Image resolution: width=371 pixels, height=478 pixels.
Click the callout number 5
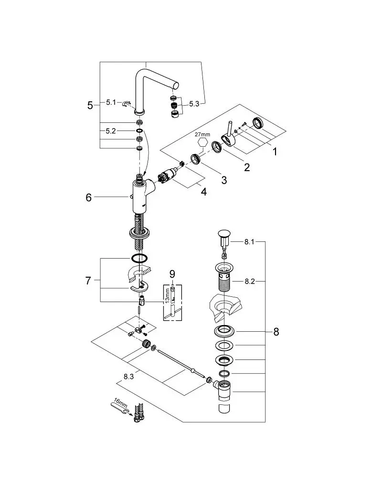(90, 106)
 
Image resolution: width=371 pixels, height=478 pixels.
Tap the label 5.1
(111, 102)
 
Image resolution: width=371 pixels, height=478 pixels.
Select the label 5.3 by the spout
(194, 104)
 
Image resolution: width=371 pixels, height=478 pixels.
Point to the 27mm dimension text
(202, 134)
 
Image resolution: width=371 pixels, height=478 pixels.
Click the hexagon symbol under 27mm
(202, 143)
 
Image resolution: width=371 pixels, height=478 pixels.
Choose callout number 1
(275, 151)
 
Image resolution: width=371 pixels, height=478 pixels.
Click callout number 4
(204, 192)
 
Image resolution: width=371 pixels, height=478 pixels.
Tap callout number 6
(89, 197)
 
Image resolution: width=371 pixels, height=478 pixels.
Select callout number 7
(88, 281)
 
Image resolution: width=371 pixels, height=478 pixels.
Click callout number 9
(172, 274)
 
